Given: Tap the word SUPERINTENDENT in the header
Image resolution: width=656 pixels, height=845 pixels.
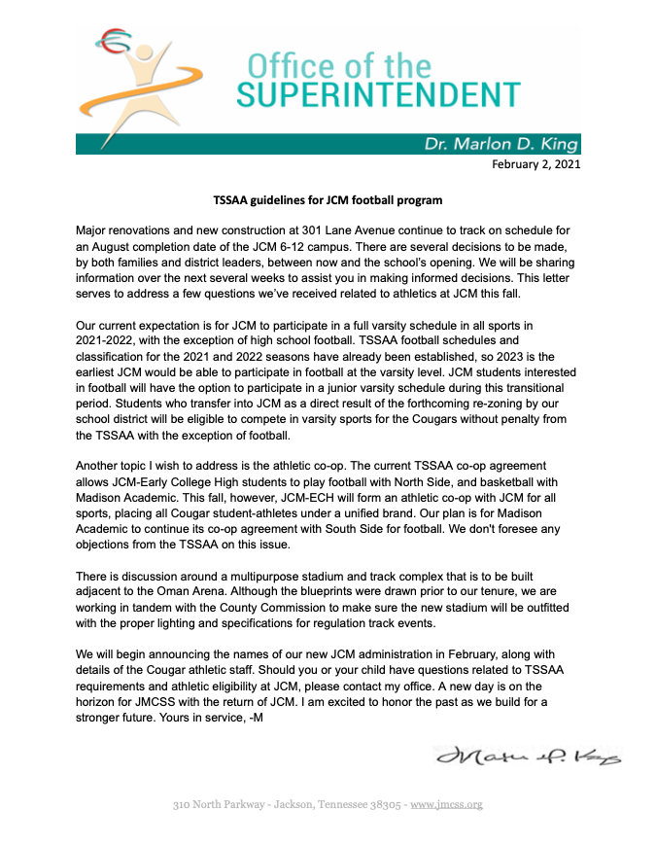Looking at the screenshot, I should point(379,95).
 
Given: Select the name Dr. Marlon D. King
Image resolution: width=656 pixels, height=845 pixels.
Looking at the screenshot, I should point(501,144).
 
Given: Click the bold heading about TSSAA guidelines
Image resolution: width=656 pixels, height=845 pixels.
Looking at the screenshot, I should point(328,200).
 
